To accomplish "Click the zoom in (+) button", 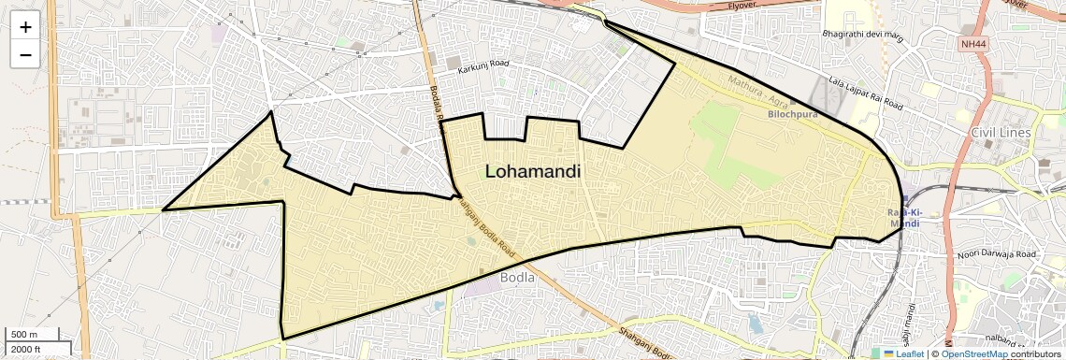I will tap(25, 27).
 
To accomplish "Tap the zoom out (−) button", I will tap(25, 54).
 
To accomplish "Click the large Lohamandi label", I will tap(532, 172).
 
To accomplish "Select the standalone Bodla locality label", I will tap(517, 278).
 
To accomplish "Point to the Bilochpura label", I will tap(792, 114).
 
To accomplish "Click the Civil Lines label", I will tap(1001, 133).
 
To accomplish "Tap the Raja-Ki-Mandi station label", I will tap(904, 218).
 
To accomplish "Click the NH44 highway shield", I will tap(972, 44).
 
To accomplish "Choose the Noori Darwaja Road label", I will tap(997, 254).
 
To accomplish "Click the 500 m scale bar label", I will tap(24, 335).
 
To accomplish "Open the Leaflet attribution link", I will tap(903, 353).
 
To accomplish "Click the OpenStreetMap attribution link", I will tap(973, 353).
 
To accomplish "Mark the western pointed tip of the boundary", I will tap(163, 209).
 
